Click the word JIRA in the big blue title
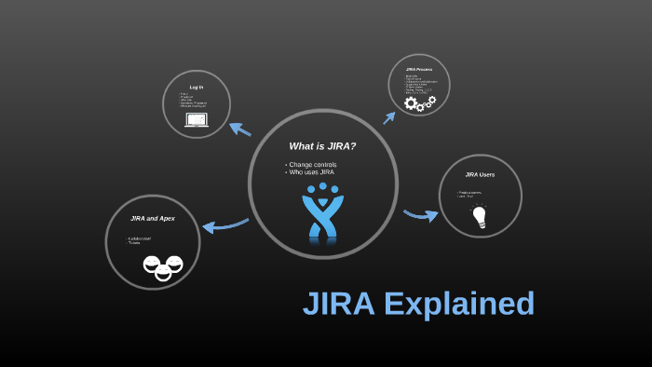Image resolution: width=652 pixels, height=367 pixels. pyautogui.click(x=339, y=305)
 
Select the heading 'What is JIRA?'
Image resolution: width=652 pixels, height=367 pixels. pyautogui.click(x=322, y=146)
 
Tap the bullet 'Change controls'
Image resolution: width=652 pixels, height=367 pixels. pyautogui.click(x=313, y=165)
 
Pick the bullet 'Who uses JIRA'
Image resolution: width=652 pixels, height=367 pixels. pyautogui.click(x=311, y=172)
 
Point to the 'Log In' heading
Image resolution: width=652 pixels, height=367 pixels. pyautogui.click(x=197, y=88)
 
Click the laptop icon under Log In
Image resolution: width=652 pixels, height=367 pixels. pyautogui.click(x=197, y=120)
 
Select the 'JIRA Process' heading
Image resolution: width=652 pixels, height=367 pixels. pyautogui.click(x=419, y=69)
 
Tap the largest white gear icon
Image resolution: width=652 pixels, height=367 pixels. pyautogui.click(x=412, y=103)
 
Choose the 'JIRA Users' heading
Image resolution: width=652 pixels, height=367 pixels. pyautogui.click(x=480, y=174)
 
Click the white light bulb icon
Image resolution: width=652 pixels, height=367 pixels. pyautogui.click(x=480, y=217)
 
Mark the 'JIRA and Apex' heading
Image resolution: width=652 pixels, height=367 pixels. pyautogui.click(x=153, y=218)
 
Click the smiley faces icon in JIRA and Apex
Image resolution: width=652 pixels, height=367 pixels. pyautogui.click(x=163, y=267)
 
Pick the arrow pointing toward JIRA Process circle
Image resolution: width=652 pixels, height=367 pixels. pyautogui.click(x=390, y=116)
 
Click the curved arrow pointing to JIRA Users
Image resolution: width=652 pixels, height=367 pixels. pyautogui.click(x=420, y=215)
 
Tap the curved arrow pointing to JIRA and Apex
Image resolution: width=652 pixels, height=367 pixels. pyautogui.click(x=224, y=225)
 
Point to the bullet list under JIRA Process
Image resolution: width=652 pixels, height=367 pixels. pyautogui.click(x=416, y=84)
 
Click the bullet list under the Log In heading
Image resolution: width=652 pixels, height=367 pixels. pyautogui.click(x=193, y=100)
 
